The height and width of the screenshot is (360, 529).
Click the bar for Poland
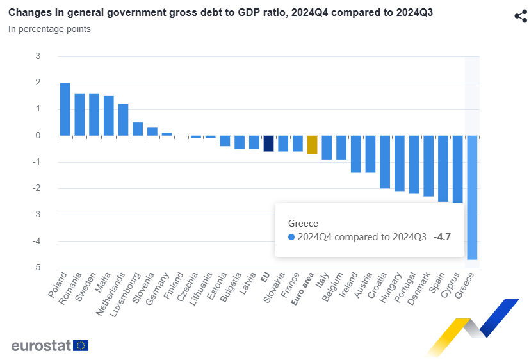click(65, 109)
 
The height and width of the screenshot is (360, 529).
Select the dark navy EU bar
click(268, 143)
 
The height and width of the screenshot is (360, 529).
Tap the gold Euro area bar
click(313, 145)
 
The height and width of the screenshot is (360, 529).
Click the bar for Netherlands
click(123, 120)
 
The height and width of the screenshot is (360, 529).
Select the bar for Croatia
click(385, 162)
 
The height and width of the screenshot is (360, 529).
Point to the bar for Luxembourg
click(138, 129)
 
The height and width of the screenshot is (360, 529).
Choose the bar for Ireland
click(355, 154)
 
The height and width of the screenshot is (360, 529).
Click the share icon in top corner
click(521, 16)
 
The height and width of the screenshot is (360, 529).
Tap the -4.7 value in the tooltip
click(443, 237)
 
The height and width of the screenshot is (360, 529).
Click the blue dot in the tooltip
click(291, 237)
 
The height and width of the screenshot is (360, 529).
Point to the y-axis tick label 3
click(38, 56)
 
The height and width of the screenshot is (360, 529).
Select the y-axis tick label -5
click(37, 268)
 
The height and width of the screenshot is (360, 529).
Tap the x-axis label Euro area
click(304, 291)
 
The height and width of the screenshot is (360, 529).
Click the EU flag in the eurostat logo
click(81, 346)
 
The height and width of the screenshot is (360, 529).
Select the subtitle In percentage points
click(49, 29)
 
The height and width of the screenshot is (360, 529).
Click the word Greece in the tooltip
click(303, 223)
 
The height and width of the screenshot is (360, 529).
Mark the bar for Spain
click(443, 168)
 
